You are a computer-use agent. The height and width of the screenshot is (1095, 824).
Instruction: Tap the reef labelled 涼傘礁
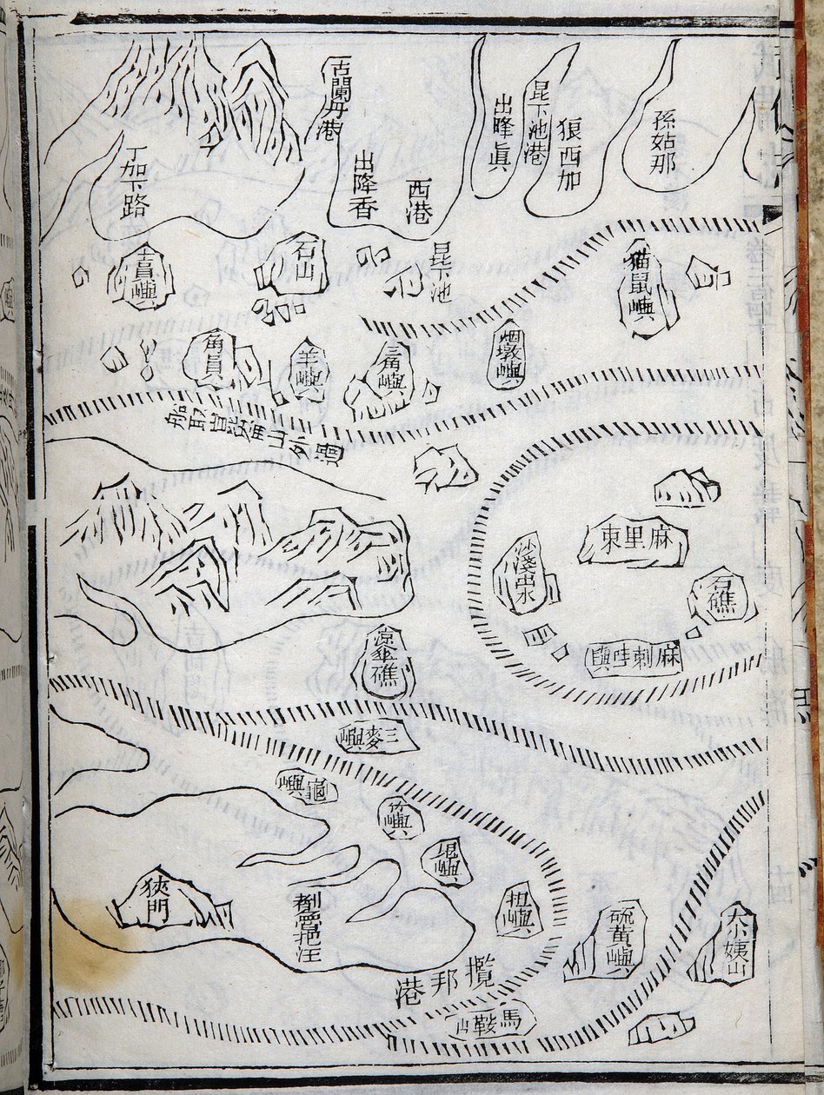click(x=383, y=664)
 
